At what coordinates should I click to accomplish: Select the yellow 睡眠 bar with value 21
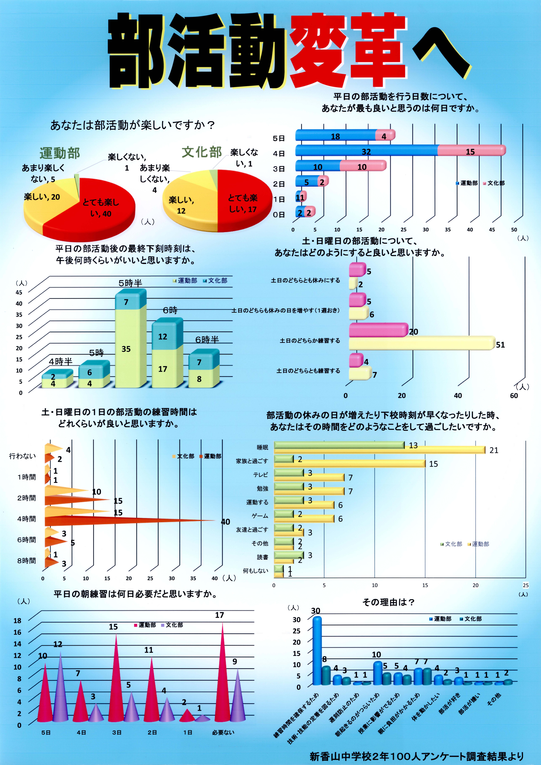click(380, 450)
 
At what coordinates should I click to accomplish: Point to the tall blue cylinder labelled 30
click(317, 650)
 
